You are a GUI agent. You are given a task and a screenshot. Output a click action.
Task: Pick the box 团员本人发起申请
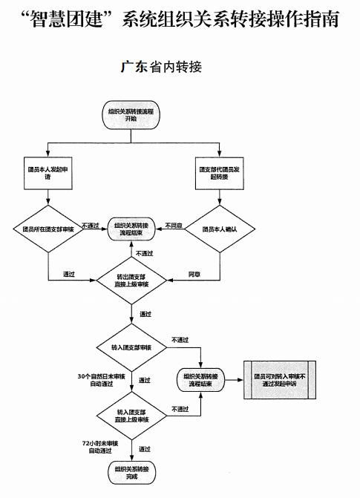click(48, 174)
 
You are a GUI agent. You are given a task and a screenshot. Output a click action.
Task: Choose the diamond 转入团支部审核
click(133, 347)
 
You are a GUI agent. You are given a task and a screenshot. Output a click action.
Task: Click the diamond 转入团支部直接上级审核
click(133, 413)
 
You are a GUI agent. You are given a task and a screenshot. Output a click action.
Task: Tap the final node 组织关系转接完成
click(131, 473)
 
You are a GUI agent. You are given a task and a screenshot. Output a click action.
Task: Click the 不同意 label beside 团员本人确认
click(173, 224)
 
